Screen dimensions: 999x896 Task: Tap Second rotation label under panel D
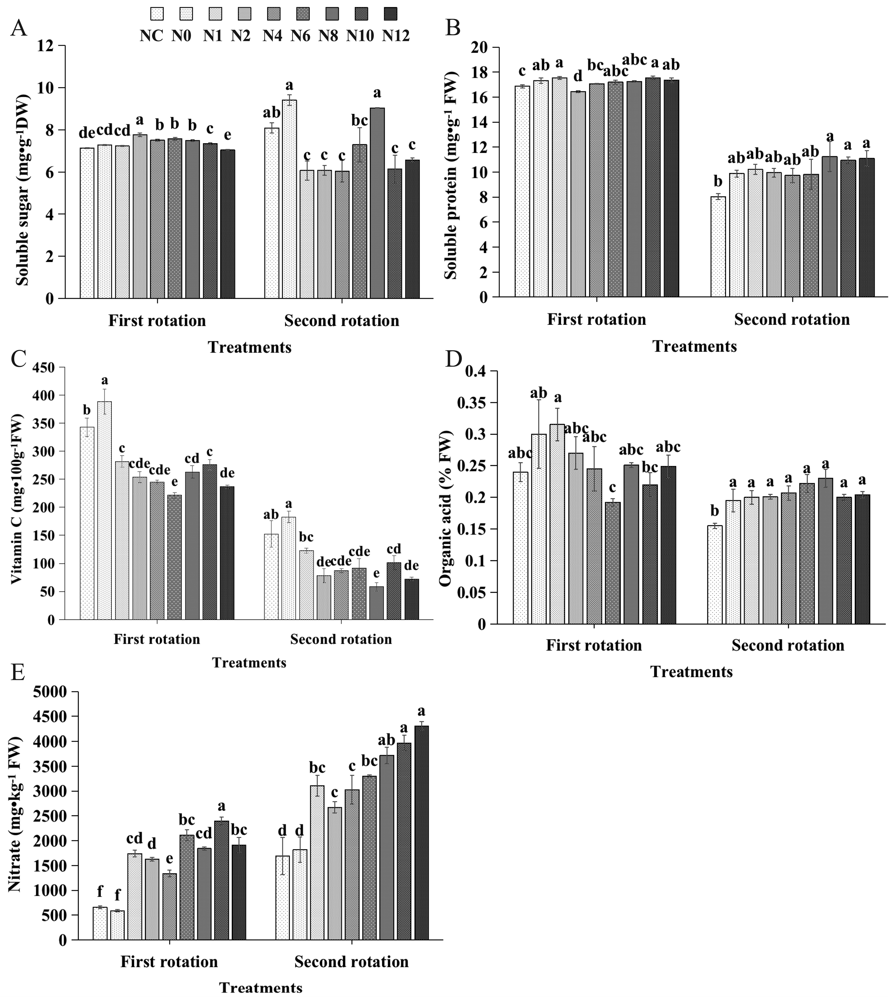788,645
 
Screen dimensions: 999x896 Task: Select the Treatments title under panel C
249,663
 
